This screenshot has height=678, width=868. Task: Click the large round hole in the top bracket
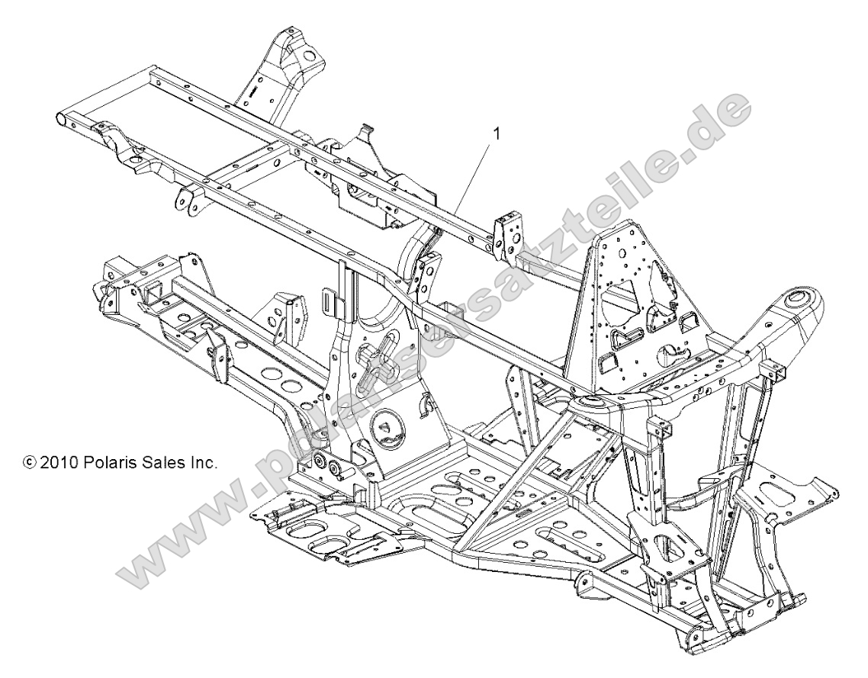pos(309,55)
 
